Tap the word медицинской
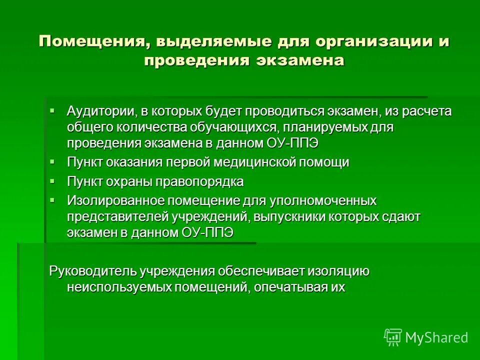click(255, 162)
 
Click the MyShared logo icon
click(392, 337)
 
